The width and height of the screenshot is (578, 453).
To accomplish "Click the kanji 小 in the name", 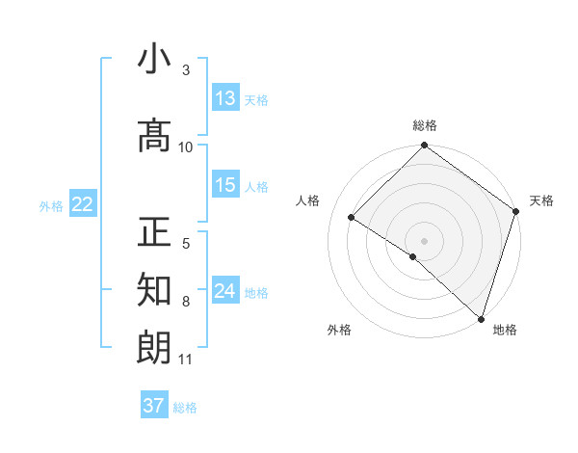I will [x=154, y=60].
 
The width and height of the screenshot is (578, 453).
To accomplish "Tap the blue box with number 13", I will [x=225, y=98].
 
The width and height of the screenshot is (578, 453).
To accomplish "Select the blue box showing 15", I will [x=225, y=185].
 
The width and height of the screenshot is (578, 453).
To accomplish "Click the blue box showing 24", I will [x=225, y=291].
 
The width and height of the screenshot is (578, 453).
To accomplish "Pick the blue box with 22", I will [x=82, y=204].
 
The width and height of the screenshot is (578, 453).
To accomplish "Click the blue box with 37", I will [x=154, y=406].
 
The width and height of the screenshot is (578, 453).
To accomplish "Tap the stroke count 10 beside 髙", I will [x=186, y=147].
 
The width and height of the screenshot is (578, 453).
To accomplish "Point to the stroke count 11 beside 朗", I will [x=186, y=360].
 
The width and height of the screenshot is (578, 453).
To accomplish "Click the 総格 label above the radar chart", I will [x=425, y=125].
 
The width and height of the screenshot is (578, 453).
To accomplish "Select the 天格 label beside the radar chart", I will [x=541, y=200].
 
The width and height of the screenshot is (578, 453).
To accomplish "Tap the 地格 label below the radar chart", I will [x=505, y=330].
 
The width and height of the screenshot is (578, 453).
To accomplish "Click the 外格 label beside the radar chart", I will [x=339, y=330].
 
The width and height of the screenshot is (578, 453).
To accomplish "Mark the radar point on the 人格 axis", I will [x=352, y=217].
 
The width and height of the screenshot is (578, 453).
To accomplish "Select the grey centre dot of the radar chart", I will [x=424, y=240].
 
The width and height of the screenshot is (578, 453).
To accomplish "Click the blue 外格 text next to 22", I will [x=51, y=205].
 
